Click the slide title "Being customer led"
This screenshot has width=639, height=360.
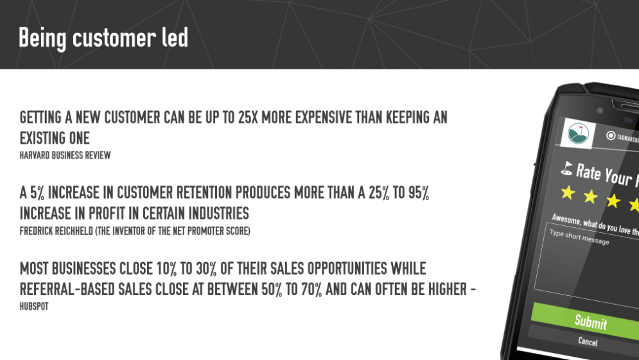103,38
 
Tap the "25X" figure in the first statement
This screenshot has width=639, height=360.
248,117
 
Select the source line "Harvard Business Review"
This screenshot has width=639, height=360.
66,155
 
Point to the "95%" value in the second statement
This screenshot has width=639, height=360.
419,193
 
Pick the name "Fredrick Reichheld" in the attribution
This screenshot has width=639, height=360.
57,231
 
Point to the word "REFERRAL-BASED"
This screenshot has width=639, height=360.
67,289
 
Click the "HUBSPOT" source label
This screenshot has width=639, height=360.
34,306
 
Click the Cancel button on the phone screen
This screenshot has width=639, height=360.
588,341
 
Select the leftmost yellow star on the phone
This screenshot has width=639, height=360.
568,193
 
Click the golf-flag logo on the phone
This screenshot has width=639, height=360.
578,133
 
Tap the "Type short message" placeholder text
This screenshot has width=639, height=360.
579,237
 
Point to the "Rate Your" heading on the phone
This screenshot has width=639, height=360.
604,174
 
